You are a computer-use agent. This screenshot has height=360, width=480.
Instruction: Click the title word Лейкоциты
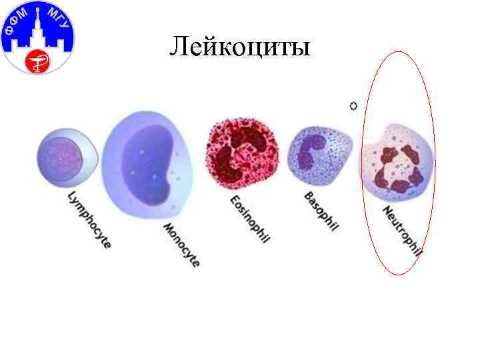(x=240, y=47)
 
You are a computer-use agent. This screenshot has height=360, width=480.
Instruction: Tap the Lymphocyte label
(x=89, y=220)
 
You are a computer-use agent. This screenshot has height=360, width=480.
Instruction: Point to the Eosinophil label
(x=249, y=219)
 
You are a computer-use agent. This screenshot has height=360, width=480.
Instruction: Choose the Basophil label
(x=321, y=212)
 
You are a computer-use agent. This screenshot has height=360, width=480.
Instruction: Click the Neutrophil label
(x=402, y=230)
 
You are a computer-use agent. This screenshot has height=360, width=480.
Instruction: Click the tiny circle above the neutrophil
(x=353, y=105)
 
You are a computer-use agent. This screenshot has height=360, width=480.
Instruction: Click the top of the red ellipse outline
(x=399, y=52)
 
